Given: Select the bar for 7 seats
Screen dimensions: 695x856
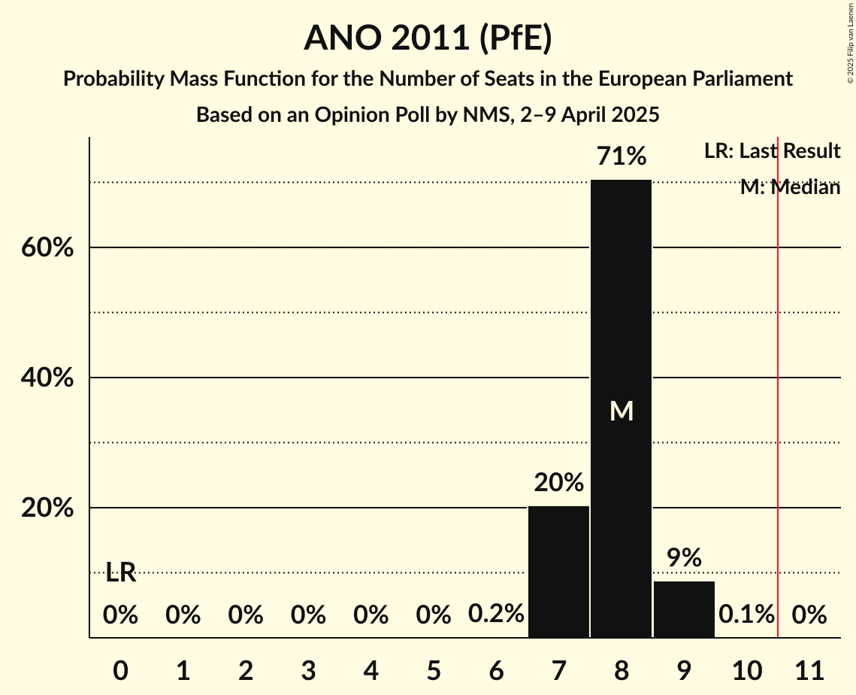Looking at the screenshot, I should (558, 572).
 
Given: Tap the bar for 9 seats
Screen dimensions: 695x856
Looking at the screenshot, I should (684, 609).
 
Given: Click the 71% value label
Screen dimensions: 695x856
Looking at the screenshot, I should (621, 156).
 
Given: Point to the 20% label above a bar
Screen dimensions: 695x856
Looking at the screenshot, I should (558, 483).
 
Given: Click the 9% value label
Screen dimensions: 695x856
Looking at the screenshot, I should (684, 558).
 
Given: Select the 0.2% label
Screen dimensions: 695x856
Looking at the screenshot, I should (496, 615).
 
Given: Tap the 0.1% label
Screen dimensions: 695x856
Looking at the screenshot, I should (746, 615).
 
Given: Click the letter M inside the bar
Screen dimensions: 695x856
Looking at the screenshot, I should (622, 411).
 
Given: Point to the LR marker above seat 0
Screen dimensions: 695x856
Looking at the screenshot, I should (120, 572).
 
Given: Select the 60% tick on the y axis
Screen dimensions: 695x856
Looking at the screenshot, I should (47, 247).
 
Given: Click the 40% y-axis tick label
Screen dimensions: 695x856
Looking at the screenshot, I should (47, 378).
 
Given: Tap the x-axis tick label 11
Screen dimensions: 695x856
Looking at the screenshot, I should (809, 669).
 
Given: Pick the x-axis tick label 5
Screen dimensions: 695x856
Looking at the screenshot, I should (433, 669).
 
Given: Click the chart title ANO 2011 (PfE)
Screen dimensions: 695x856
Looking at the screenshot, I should (428, 38).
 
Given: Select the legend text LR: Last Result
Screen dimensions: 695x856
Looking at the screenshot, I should (772, 151).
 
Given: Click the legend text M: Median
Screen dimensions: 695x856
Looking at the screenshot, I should (790, 187).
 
